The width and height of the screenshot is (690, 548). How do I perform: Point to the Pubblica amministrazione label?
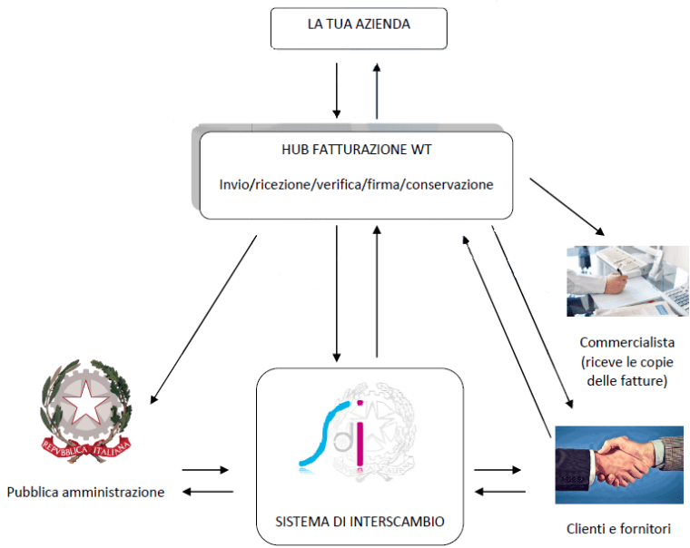click(86, 493)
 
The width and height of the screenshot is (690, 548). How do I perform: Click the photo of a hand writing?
click(626, 280)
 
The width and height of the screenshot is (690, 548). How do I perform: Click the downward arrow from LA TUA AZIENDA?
click(337, 91)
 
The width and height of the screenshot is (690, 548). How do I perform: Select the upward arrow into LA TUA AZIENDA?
click(377, 91)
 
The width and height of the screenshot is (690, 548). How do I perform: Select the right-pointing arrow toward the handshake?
click(498, 471)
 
